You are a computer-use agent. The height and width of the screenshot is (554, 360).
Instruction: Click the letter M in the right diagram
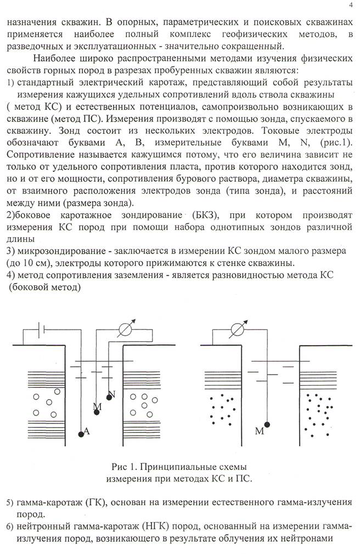pyautogui.click(x=259, y=432)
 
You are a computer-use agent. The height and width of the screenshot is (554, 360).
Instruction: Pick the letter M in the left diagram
pyautogui.click(x=98, y=406)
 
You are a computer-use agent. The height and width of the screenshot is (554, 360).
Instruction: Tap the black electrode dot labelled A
pyautogui.click(x=81, y=434)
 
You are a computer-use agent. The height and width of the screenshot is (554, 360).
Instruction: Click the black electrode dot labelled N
pyautogui.click(x=109, y=398)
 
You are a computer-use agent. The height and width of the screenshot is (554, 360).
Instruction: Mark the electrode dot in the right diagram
pyautogui.click(x=268, y=425)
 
